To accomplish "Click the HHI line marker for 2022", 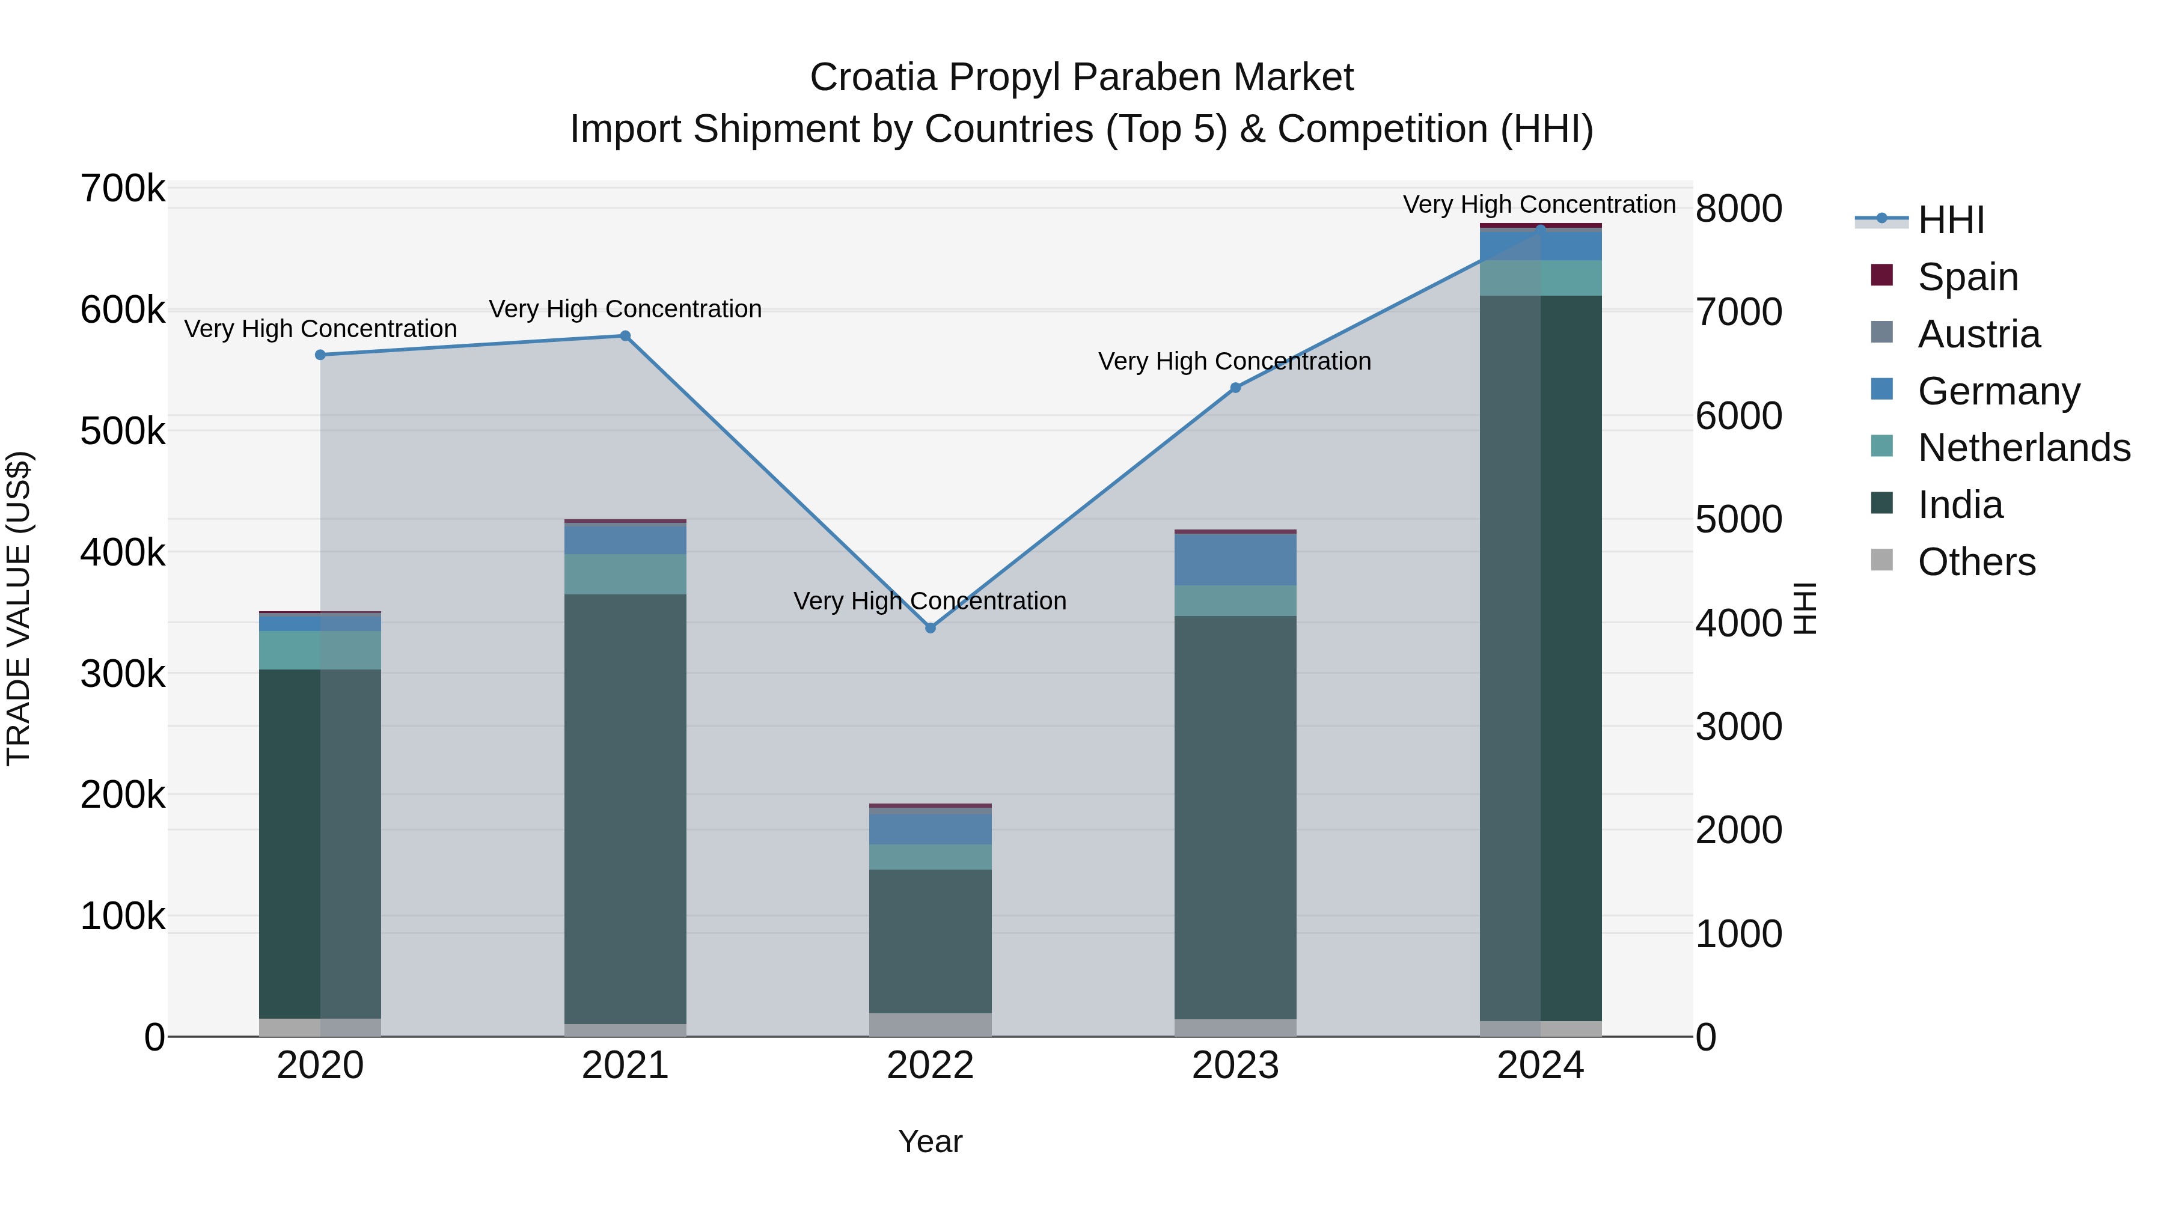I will (x=930, y=628).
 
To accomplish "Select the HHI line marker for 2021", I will (x=625, y=336).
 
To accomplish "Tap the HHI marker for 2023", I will (x=1235, y=388).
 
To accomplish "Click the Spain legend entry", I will (x=1967, y=276).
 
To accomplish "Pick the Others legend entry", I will (x=1976, y=562).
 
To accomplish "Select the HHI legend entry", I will (x=1951, y=220).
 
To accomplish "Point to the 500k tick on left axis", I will (x=123, y=432).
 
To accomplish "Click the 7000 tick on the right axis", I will (x=1738, y=311).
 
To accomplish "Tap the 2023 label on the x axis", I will (x=1235, y=1066).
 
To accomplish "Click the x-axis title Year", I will (x=930, y=1141).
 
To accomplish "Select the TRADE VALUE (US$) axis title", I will (x=19, y=608).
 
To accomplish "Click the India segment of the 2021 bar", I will (x=625, y=807).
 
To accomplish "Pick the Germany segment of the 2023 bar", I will (x=1235, y=560).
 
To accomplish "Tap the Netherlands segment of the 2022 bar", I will (x=930, y=856).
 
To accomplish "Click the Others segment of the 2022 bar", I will (x=930, y=1025).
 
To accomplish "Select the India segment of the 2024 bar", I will (x=1541, y=655).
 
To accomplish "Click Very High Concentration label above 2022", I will (x=930, y=602).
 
